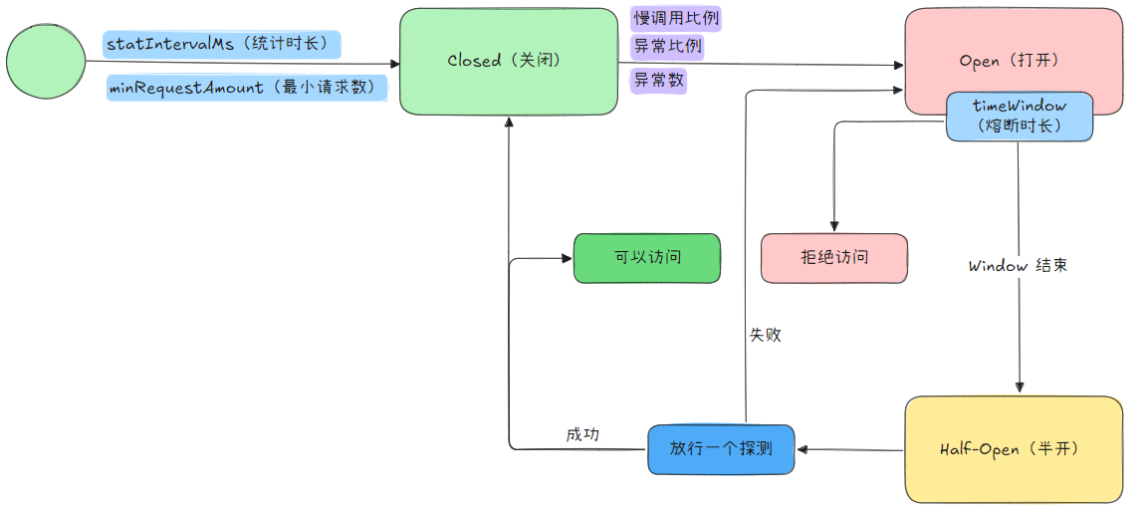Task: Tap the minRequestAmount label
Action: coord(247,88)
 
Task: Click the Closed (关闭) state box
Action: coord(508,61)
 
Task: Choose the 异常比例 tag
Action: coord(667,46)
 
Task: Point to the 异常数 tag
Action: coord(659,81)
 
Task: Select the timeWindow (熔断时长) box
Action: coord(1019,117)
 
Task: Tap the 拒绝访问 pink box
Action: coord(834,258)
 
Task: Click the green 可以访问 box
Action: coord(647,258)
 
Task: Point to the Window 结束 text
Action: coord(1018,267)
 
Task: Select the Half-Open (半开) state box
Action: coord(1014,449)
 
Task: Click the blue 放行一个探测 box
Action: coord(721,449)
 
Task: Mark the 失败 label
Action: coord(765,336)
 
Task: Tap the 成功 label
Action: coord(582,434)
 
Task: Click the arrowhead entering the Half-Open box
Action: coord(1019,388)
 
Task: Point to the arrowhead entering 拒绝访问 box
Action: coord(834,226)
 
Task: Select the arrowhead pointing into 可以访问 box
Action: coord(567,259)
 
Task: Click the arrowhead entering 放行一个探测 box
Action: coord(802,449)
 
